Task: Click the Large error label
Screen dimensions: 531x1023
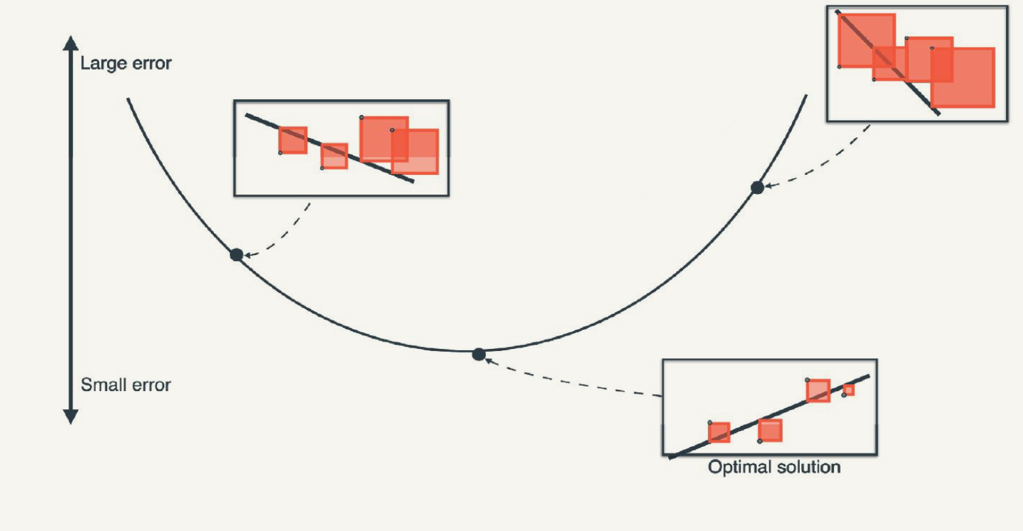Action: point(125,64)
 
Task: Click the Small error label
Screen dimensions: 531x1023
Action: point(125,384)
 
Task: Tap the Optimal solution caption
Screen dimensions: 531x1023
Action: point(774,467)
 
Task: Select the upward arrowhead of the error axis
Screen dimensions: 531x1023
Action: point(70,43)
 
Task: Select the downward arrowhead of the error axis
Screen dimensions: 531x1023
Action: point(70,417)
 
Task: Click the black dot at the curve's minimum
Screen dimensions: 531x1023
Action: point(479,354)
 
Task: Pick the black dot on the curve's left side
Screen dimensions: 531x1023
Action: point(236,254)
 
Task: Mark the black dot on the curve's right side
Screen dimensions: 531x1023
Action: point(757,187)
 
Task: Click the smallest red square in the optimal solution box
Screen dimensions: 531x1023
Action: point(849,390)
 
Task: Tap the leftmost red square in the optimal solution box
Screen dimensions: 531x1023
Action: point(720,432)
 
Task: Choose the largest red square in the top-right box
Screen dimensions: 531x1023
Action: point(963,78)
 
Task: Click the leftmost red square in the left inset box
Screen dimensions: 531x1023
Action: point(293,140)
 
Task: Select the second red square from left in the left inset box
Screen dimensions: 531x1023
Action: point(334,156)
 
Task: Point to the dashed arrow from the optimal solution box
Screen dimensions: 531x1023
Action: point(571,382)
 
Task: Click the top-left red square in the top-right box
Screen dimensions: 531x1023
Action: point(866,40)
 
